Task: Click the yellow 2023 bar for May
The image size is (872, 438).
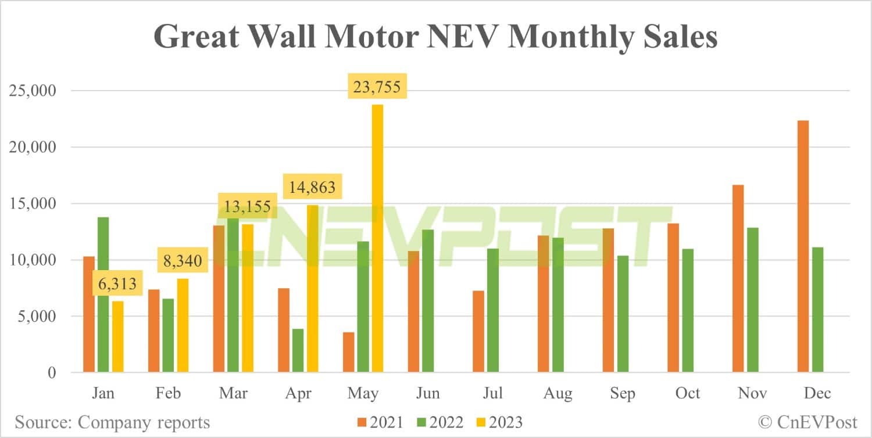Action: pyautogui.click(x=377, y=238)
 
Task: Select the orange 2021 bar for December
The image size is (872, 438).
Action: pyautogui.click(x=803, y=246)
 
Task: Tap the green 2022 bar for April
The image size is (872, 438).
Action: pyautogui.click(x=298, y=350)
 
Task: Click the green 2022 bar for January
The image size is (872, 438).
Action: pyautogui.click(x=103, y=295)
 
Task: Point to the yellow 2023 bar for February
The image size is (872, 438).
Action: pyautogui.click(x=183, y=325)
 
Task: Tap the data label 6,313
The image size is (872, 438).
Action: pyautogui.click(x=117, y=284)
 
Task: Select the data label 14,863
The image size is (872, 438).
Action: pyautogui.click(x=312, y=188)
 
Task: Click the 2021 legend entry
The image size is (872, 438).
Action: pyautogui.click(x=378, y=422)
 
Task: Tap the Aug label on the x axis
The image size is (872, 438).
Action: pyautogui.click(x=557, y=393)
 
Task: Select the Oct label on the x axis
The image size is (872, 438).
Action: pyautogui.click(x=687, y=393)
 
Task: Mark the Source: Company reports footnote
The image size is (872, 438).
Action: pyautogui.click(x=112, y=422)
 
